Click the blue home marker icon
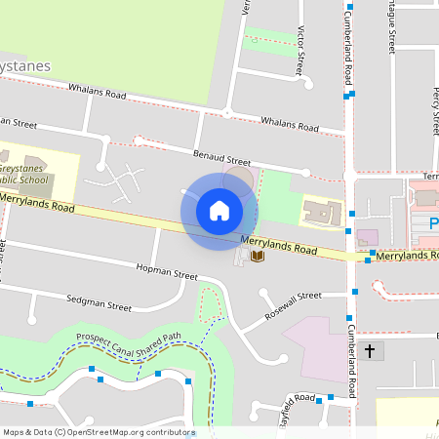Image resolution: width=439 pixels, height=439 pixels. click(x=219, y=210)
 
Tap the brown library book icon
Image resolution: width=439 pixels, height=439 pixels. click(x=258, y=257)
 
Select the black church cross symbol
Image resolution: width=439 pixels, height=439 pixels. click(x=369, y=350)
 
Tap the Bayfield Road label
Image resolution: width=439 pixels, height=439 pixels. click(x=299, y=400)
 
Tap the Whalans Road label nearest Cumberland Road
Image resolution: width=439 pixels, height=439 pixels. click(x=290, y=125)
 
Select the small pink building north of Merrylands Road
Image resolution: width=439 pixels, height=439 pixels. click(x=367, y=237)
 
